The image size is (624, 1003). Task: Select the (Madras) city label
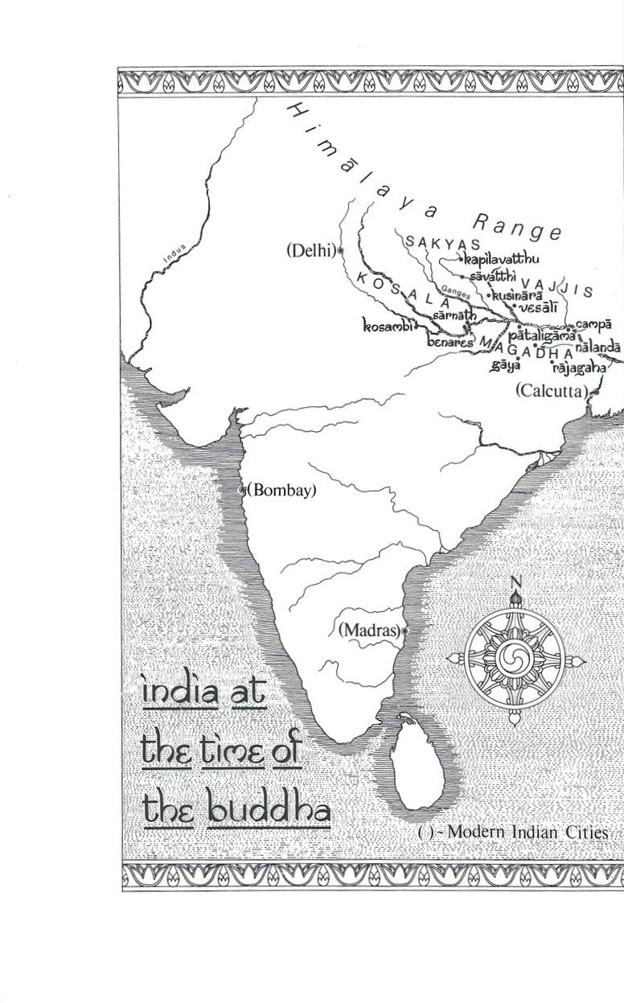(369, 630)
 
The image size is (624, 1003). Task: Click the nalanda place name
(597, 347)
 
